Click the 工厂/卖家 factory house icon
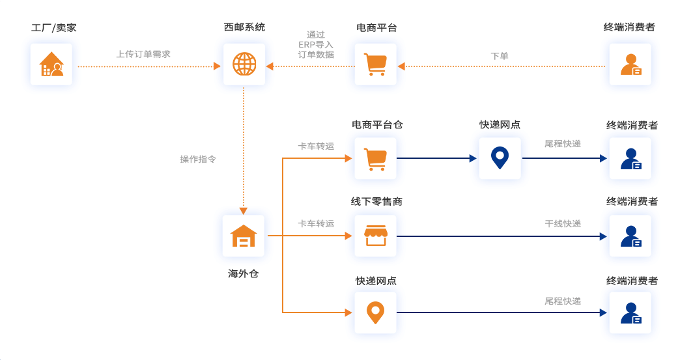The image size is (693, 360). point(51,64)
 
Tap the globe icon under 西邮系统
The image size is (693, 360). point(244,64)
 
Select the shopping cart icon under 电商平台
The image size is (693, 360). point(375,64)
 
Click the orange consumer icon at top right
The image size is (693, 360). point(630,64)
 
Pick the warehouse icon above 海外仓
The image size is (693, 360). point(244,236)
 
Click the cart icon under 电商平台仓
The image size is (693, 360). point(375,158)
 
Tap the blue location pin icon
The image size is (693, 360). point(500,158)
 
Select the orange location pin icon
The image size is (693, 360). point(375,312)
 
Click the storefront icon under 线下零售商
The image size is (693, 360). point(375,236)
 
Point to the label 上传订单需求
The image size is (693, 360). point(143,55)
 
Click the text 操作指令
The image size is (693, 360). point(198,159)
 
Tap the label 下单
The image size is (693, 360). point(500,56)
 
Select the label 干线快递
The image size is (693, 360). point(563,224)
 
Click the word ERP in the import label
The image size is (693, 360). point(307,44)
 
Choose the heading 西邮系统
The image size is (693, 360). point(244,27)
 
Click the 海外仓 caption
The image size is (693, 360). point(244,273)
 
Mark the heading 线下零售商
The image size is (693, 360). point(376,202)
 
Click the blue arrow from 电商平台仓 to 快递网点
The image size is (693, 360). point(436,158)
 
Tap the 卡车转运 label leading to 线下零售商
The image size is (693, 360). point(316,223)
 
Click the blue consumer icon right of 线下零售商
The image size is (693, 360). point(630,236)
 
